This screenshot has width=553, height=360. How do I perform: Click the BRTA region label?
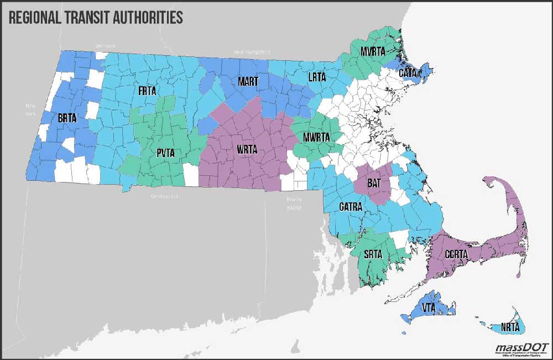[x=67, y=118]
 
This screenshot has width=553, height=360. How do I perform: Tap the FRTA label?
[x=146, y=90]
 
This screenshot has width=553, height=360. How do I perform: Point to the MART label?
[x=248, y=81]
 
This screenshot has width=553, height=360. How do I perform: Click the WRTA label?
[x=247, y=150]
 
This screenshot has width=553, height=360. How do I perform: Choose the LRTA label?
[x=317, y=77]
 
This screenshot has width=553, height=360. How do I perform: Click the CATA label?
[x=408, y=72]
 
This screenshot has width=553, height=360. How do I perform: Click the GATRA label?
[x=351, y=207]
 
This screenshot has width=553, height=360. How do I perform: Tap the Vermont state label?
[x=105, y=45]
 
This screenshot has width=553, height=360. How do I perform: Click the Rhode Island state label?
[x=294, y=204]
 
